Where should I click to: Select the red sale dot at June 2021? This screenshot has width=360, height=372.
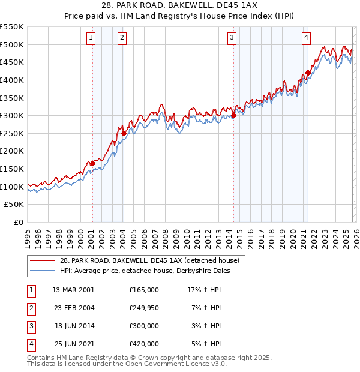click(308, 73)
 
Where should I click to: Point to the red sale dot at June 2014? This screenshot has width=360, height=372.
click(233, 116)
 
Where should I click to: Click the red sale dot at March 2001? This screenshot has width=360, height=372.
click(92, 163)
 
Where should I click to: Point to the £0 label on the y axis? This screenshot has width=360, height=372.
click(19, 223)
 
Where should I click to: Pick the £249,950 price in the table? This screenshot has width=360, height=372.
click(143, 308)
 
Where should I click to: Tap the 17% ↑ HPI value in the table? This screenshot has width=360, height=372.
click(204, 290)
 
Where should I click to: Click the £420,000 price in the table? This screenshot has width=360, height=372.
click(143, 344)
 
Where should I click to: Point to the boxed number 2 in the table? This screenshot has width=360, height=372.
click(30, 308)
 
